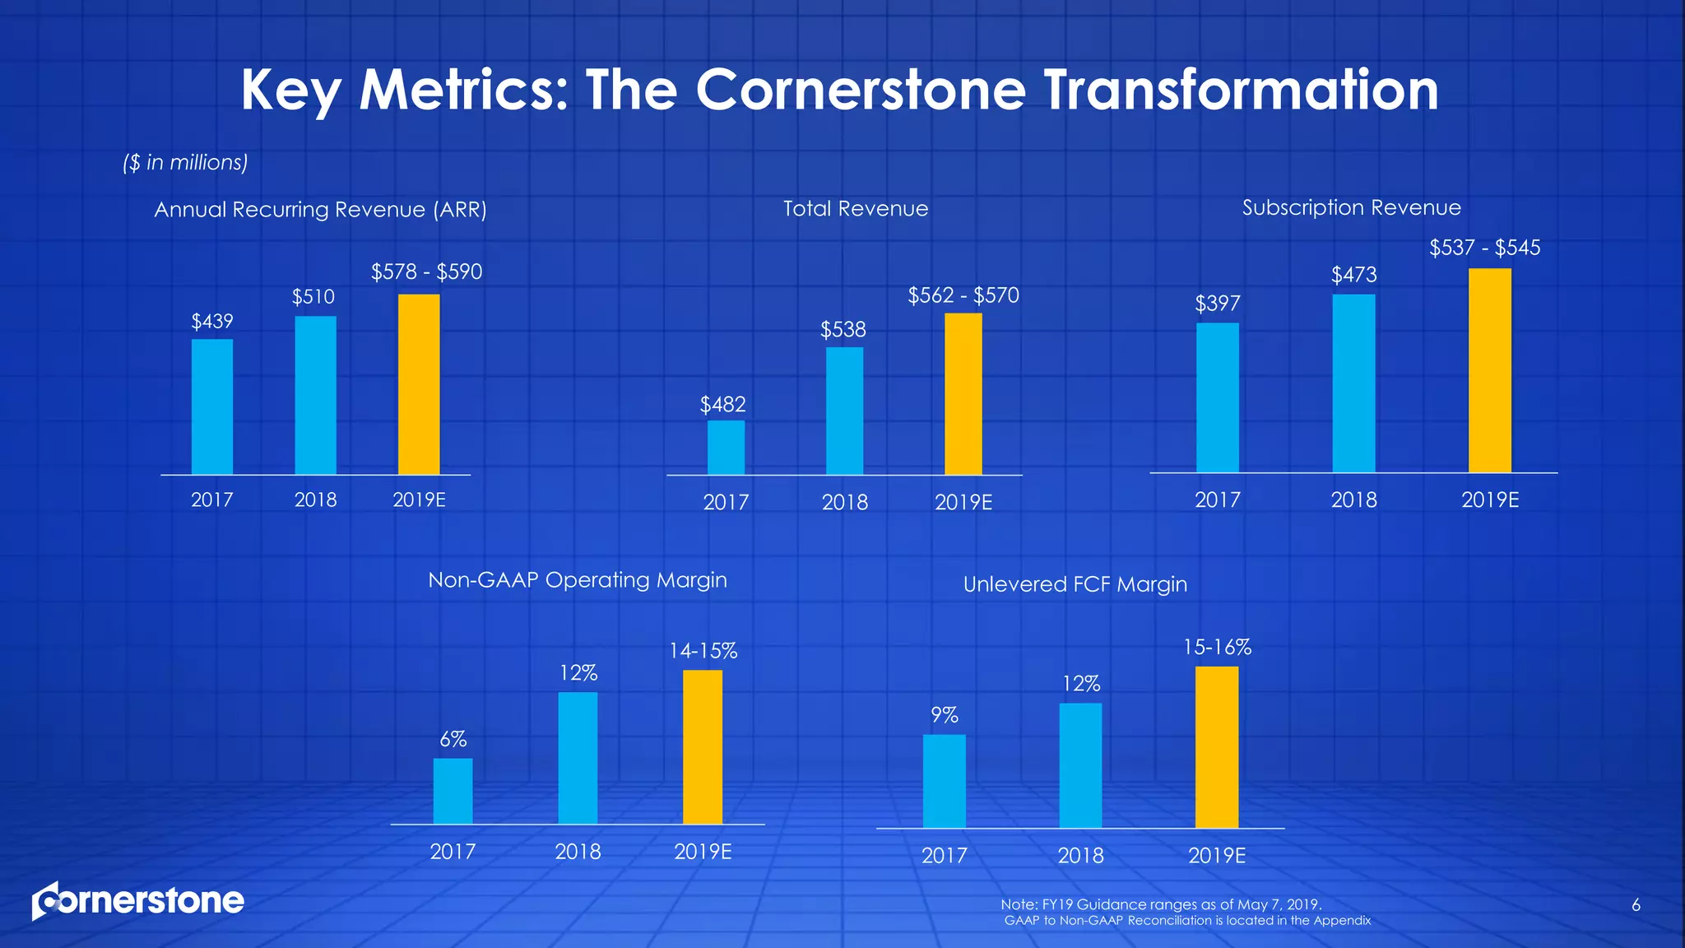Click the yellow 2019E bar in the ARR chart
pos(419,384)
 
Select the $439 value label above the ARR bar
pos(212,321)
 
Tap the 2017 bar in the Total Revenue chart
pos(726,448)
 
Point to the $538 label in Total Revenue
pos(843,330)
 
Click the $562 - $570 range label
pos(963,295)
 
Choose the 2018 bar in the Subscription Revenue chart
pos(1353,383)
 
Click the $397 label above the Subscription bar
pos(1217,304)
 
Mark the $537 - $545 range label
pos(1484,248)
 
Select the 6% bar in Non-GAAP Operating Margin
pos(453,791)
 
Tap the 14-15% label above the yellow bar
pos(703,651)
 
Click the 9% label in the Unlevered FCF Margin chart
pos(945,715)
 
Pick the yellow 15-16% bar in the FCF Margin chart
pos(1216,747)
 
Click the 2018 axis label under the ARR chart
pos(316,500)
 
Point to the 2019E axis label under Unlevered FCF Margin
pos(1217,856)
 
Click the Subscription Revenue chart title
pos(1351,207)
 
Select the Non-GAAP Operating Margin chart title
pos(578,580)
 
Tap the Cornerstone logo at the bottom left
pos(138,901)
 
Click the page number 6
pos(1636,905)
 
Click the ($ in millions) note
pos(185,162)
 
